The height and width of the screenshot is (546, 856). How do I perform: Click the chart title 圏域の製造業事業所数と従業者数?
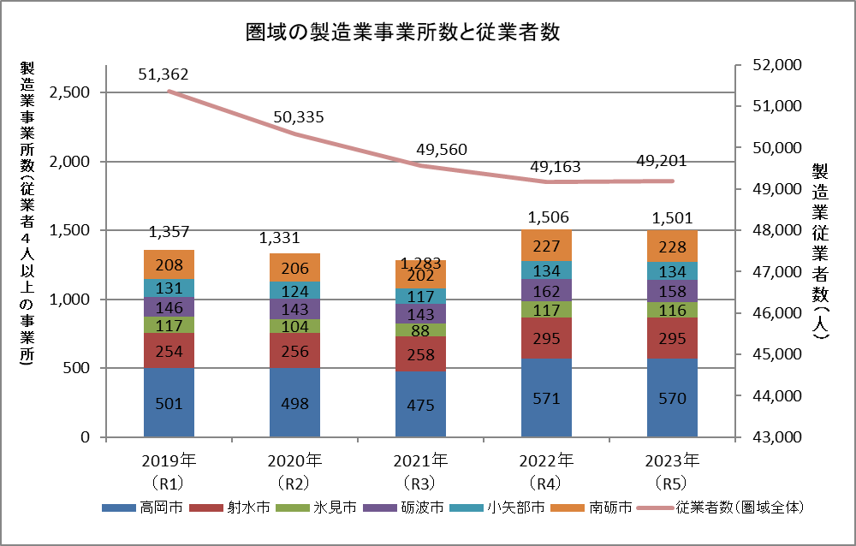point(402,33)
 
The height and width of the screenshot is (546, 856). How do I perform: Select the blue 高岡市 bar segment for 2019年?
point(169,402)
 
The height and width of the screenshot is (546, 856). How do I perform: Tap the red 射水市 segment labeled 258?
point(420,353)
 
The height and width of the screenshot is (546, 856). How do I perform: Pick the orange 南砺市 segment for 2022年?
point(545,246)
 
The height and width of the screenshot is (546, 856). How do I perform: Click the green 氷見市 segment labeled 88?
point(420,330)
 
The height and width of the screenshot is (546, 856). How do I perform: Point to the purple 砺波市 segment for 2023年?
point(672,291)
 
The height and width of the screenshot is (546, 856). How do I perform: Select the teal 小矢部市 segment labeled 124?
point(294,289)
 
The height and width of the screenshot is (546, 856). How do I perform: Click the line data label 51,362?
point(163,74)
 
